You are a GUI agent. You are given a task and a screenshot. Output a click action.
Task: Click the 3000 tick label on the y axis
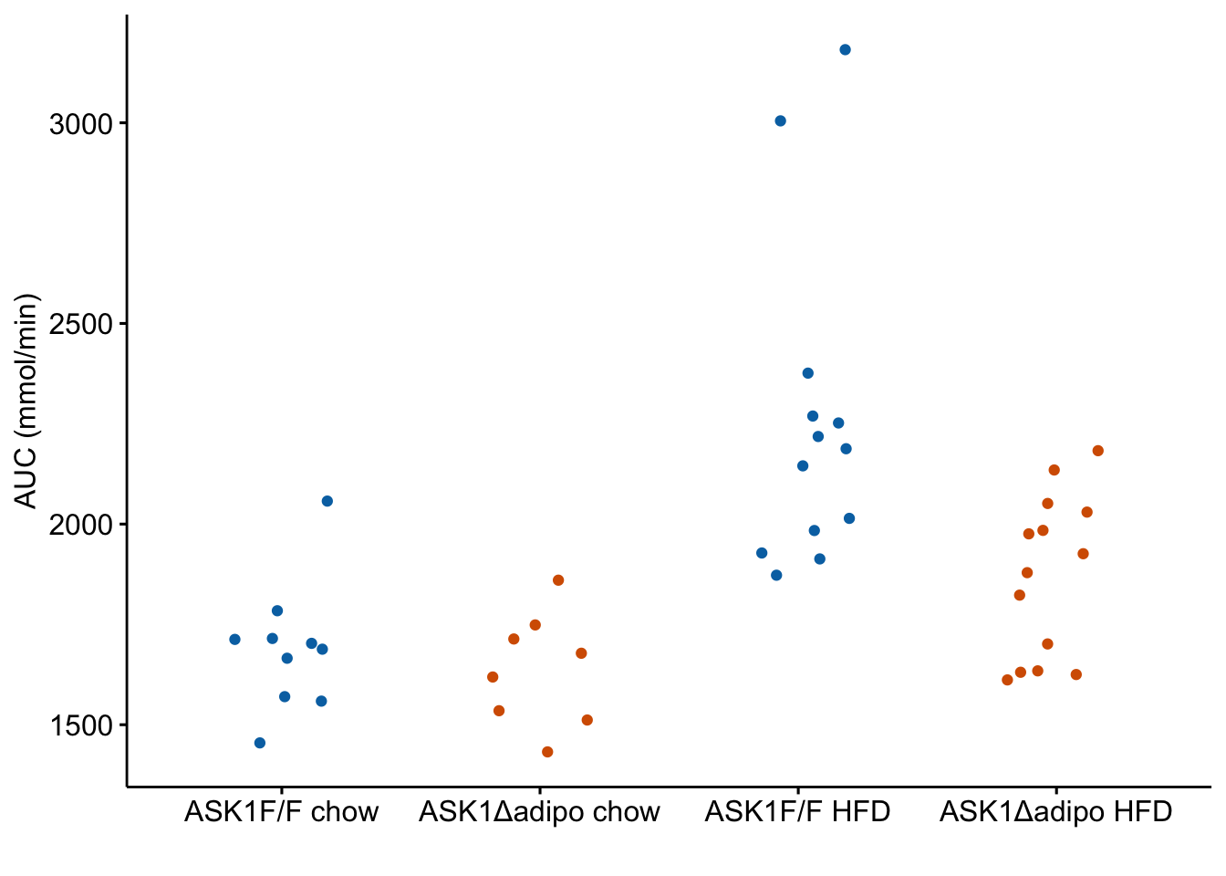click(80, 125)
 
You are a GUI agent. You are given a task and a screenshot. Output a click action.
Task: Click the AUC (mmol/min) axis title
click(26, 401)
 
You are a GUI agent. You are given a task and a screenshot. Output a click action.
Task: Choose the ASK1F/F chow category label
click(281, 812)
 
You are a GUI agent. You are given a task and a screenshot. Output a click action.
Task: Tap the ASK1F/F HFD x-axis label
click(798, 812)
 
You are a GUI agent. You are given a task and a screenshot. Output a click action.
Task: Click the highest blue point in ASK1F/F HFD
click(845, 50)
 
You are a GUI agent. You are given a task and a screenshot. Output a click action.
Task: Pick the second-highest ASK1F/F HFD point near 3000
click(781, 121)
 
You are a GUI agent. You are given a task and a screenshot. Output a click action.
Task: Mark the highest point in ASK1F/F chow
click(327, 501)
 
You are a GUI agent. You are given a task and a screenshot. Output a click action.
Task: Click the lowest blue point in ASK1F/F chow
click(260, 743)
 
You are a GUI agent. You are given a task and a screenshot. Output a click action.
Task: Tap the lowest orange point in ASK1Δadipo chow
click(547, 752)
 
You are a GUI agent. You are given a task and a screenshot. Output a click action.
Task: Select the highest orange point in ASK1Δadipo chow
click(558, 580)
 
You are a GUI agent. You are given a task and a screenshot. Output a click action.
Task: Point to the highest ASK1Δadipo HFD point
click(1098, 451)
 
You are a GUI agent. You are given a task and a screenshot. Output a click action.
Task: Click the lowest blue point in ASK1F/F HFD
click(776, 575)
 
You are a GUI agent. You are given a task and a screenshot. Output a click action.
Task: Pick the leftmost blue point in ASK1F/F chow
click(234, 640)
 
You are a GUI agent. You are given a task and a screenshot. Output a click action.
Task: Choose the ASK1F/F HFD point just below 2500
click(808, 373)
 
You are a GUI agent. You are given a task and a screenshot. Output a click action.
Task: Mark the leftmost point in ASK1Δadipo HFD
click(1007, 680)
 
